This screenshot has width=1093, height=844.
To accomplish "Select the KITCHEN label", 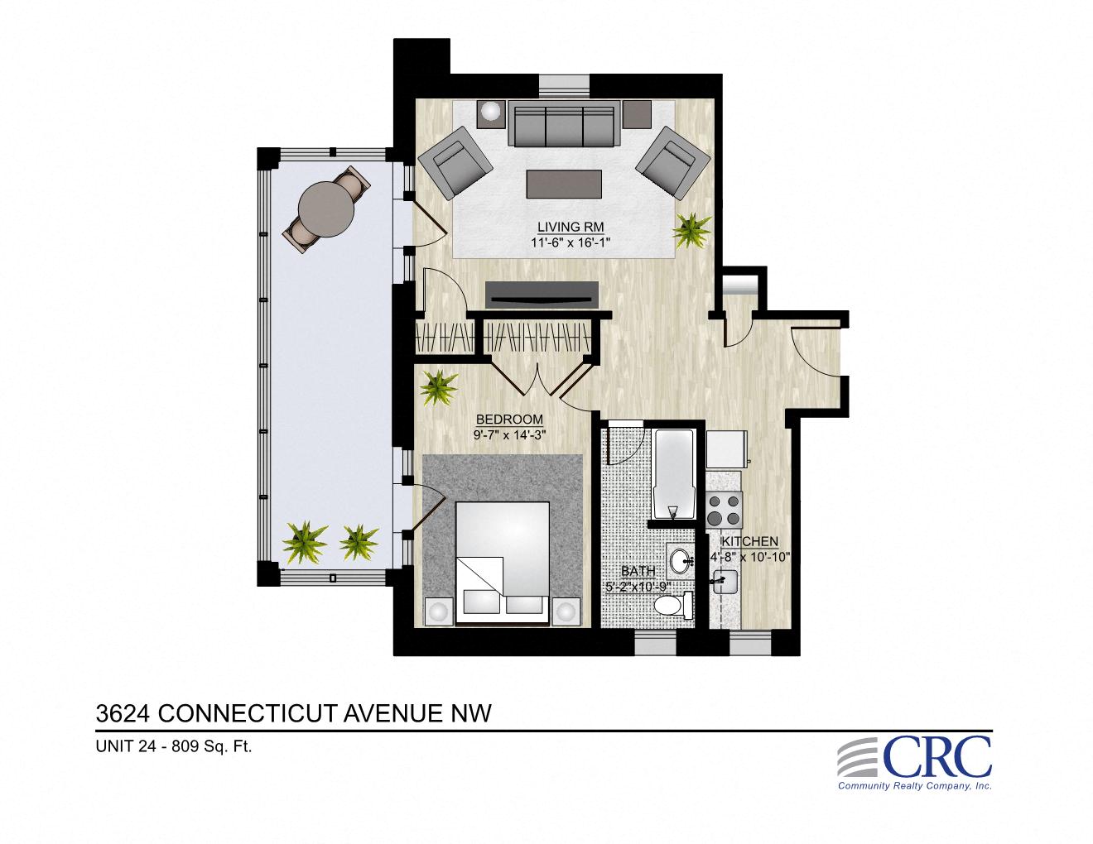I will [749, 541].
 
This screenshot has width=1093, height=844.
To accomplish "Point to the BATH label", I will [638, 571].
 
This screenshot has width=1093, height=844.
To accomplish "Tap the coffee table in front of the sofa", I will [564, 183].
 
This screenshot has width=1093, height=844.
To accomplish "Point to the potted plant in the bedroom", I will [438, 386].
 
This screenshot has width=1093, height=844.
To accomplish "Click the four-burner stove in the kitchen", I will [725, 509].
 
